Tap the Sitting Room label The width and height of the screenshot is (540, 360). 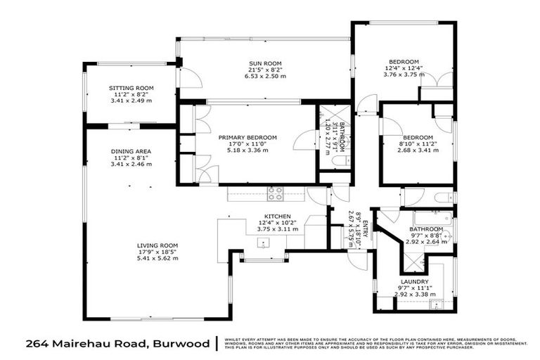pos(131,88)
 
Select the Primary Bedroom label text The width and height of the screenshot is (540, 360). pos(247,137)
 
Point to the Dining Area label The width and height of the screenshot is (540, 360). pos(131,151)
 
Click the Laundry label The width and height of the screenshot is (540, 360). pos(414,281)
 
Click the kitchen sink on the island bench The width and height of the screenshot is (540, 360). pos(264,243)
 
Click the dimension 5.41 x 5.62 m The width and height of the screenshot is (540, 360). pos(158,258)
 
